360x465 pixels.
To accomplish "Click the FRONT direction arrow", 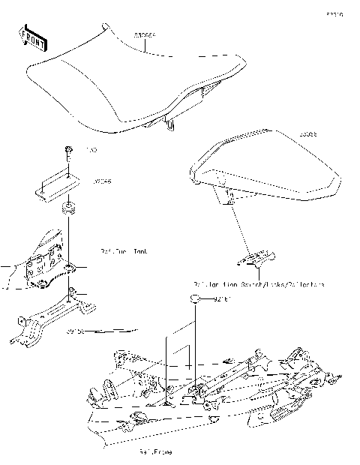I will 30,36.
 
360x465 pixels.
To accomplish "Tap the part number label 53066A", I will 148,35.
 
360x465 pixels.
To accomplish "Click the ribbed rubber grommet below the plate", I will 70,209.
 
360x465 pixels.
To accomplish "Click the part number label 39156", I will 76,329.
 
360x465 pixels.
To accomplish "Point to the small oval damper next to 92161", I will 195,299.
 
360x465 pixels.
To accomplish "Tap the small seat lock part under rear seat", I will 256,259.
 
